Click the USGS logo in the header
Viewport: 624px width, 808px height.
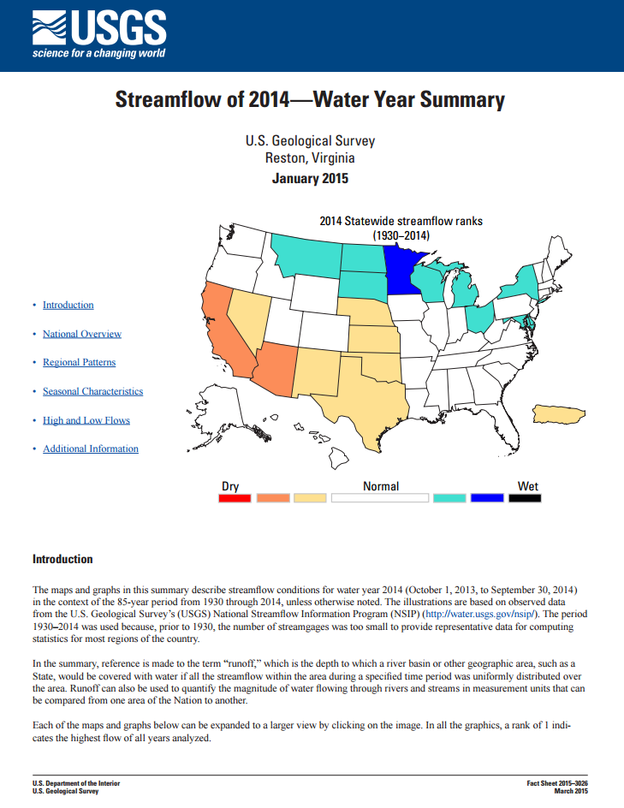98,35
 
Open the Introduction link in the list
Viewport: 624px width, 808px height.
68,306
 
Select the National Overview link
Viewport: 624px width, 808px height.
82,334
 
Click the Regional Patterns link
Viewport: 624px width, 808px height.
80,363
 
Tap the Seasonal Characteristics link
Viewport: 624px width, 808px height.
93,392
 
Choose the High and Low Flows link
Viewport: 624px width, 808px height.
86,420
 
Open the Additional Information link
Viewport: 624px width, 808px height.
91,449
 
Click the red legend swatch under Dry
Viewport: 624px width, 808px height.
235,498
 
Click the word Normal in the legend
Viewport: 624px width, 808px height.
381,486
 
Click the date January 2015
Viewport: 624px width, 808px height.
310,179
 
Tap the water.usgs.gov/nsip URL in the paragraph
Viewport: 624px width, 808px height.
480,614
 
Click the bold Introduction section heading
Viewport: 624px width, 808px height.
62,559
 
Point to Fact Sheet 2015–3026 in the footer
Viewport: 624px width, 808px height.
557,783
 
